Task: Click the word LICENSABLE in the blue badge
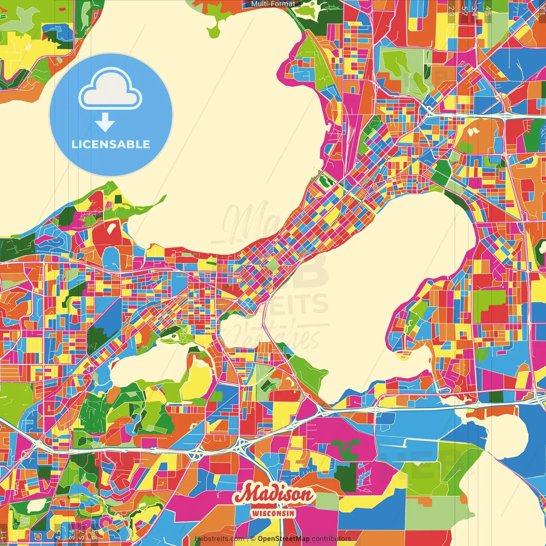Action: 110,144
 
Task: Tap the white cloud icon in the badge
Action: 110,90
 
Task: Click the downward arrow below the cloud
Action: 105,123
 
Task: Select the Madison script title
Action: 273,495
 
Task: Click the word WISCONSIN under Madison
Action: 273,513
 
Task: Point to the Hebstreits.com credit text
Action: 219,539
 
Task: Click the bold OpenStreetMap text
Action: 284,539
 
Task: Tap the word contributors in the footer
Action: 331,539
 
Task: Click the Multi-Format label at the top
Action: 273,4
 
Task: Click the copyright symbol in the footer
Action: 253,539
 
